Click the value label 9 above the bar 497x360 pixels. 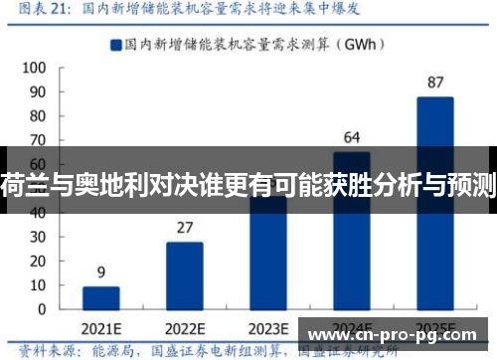(x=101, y=272)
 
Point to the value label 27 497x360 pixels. (x=185, y=228)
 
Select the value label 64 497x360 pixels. (x=352, y=137)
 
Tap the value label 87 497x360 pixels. (x=435, y=82)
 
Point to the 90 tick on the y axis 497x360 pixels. (x=37, y=92)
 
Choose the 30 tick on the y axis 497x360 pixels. (x=37, y=236)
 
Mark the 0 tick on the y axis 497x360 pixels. (x=41, y=307)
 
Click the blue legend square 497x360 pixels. (x=117, y=44)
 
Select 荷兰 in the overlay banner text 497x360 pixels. (x=18, y=183)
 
